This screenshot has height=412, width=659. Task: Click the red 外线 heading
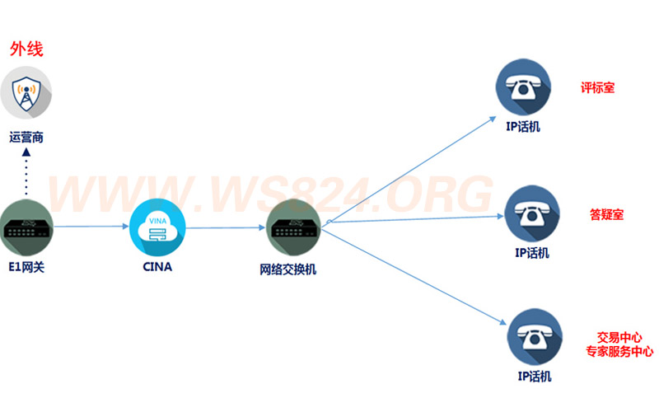pos(26,49)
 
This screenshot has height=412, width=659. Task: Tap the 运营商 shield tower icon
pos(26,93)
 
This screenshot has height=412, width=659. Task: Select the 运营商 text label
pos(26,138)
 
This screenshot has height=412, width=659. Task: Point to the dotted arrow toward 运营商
pos(26,171)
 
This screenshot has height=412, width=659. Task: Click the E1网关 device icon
pos(26,227)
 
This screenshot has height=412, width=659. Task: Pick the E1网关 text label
pos(26,267)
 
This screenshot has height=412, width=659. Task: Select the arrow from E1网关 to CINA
pos(91,227)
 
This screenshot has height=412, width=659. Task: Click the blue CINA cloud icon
pos(157,227)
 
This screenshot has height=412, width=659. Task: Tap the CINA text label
pos(157,267)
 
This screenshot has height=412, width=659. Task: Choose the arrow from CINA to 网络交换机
pos(225,228)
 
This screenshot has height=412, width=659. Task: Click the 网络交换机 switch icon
pos(293,227)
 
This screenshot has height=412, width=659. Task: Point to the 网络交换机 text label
pos(287,269)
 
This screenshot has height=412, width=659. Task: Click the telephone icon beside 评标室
pos(523,87)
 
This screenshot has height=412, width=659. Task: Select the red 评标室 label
pos(598,88)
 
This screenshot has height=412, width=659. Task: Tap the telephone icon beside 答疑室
pos(532,213)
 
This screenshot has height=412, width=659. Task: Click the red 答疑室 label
pos(606,215)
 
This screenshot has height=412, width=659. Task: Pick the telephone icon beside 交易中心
pos(535,337)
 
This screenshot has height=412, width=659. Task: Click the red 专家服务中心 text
pos(619,352)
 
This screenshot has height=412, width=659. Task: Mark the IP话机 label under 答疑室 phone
pos(532,253)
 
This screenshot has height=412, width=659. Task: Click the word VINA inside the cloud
pos(157,221)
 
